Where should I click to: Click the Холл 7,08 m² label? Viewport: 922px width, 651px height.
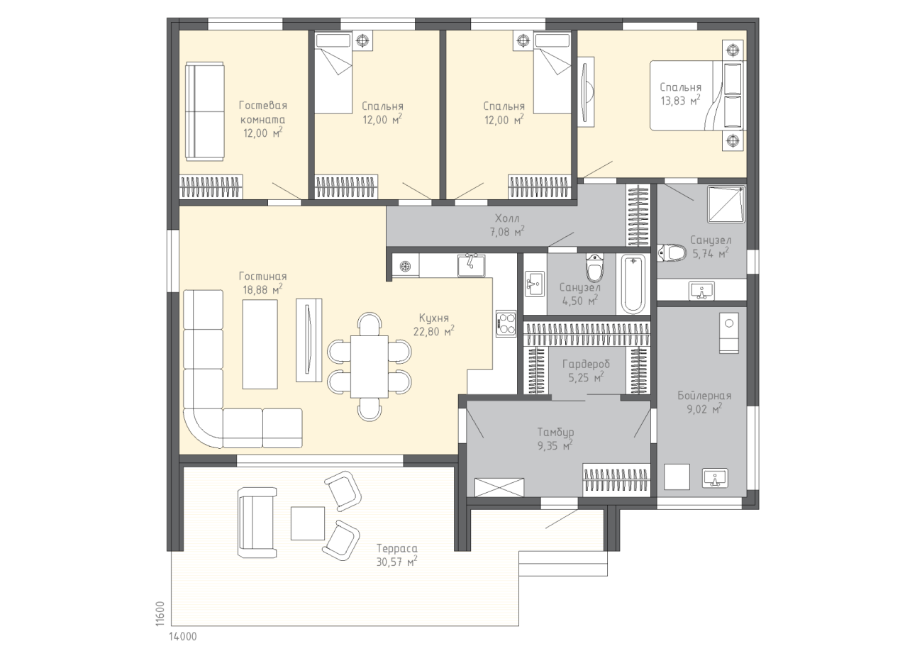pos(507,225)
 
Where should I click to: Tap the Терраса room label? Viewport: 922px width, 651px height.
pos(396,548)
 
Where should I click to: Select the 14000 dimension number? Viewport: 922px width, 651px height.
pos(183,636)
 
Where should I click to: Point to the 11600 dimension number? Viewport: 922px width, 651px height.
pos(160,614)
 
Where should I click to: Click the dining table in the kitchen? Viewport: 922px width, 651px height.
pos(370,366)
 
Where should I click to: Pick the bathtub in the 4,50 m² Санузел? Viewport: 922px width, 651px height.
pos(633,284)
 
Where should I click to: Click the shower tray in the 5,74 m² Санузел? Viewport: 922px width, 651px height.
pos(726,204)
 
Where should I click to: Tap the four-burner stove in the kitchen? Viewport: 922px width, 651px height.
pos(506,323)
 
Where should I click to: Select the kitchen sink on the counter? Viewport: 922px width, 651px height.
pos(472,265)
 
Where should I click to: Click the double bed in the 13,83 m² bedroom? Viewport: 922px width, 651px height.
pos(697,96)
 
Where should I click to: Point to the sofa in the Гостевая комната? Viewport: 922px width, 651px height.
pos(204,111)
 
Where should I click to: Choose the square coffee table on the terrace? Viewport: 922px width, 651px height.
pos(308,523)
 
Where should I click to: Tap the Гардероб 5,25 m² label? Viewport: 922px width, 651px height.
pos(586,370)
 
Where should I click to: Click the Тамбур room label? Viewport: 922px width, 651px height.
pos(555,432)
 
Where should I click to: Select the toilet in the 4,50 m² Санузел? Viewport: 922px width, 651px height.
pos(594,267)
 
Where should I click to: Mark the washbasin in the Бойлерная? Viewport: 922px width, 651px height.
pos(716,478)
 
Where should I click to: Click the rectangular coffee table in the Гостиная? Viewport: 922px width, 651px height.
pos(260,344)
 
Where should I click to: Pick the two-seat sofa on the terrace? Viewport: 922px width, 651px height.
pos(257,523)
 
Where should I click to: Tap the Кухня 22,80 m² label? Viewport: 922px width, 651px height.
pos(434,324)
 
